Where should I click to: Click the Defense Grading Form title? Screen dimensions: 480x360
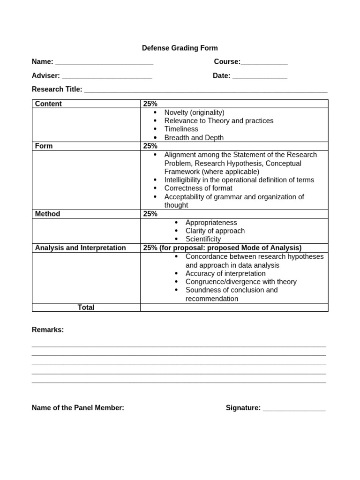[x=180, y=48]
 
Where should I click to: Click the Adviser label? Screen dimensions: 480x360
[x=45, y=75]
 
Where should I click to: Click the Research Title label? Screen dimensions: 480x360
[x=57, y=89]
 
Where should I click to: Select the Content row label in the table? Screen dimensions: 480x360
[x=48, y=104]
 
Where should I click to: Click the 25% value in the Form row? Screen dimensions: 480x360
[x=150, y=146]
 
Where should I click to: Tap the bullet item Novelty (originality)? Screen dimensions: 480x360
[x=194, y=112]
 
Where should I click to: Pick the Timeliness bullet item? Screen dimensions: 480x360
[x=181, y=129]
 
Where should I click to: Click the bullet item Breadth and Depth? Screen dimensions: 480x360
[x=194, y=137]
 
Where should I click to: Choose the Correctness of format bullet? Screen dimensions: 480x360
[x=198, y=188]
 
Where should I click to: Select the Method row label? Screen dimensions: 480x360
[x=47, y=214]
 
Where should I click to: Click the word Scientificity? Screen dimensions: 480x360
[x=203, y=239]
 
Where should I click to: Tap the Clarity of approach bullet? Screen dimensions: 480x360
[x=215, y=231]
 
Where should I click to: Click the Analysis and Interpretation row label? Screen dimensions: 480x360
[x=80, y=247]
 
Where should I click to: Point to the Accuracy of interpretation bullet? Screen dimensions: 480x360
[x=225, y=273]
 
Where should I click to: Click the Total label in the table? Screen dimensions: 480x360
[x=86, y=307]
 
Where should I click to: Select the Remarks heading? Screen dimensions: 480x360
[x=47, y=330]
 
